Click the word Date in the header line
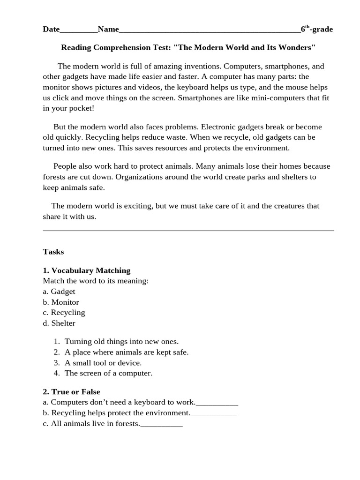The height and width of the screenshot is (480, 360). point(51,30)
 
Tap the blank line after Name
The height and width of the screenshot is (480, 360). point(210,31)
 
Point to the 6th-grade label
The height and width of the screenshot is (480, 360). point(317,30)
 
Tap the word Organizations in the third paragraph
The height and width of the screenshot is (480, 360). point(138,177)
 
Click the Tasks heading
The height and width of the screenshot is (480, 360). point(53,252)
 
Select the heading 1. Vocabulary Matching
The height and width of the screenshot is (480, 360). point(87,270)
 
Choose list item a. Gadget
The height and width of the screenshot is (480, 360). point(59,292)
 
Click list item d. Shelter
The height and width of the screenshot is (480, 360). point(59,323)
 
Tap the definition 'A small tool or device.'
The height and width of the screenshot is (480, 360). point(103,363)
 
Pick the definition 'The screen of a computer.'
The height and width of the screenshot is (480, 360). point(108,373)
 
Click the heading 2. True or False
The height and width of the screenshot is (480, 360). point(71,392)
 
